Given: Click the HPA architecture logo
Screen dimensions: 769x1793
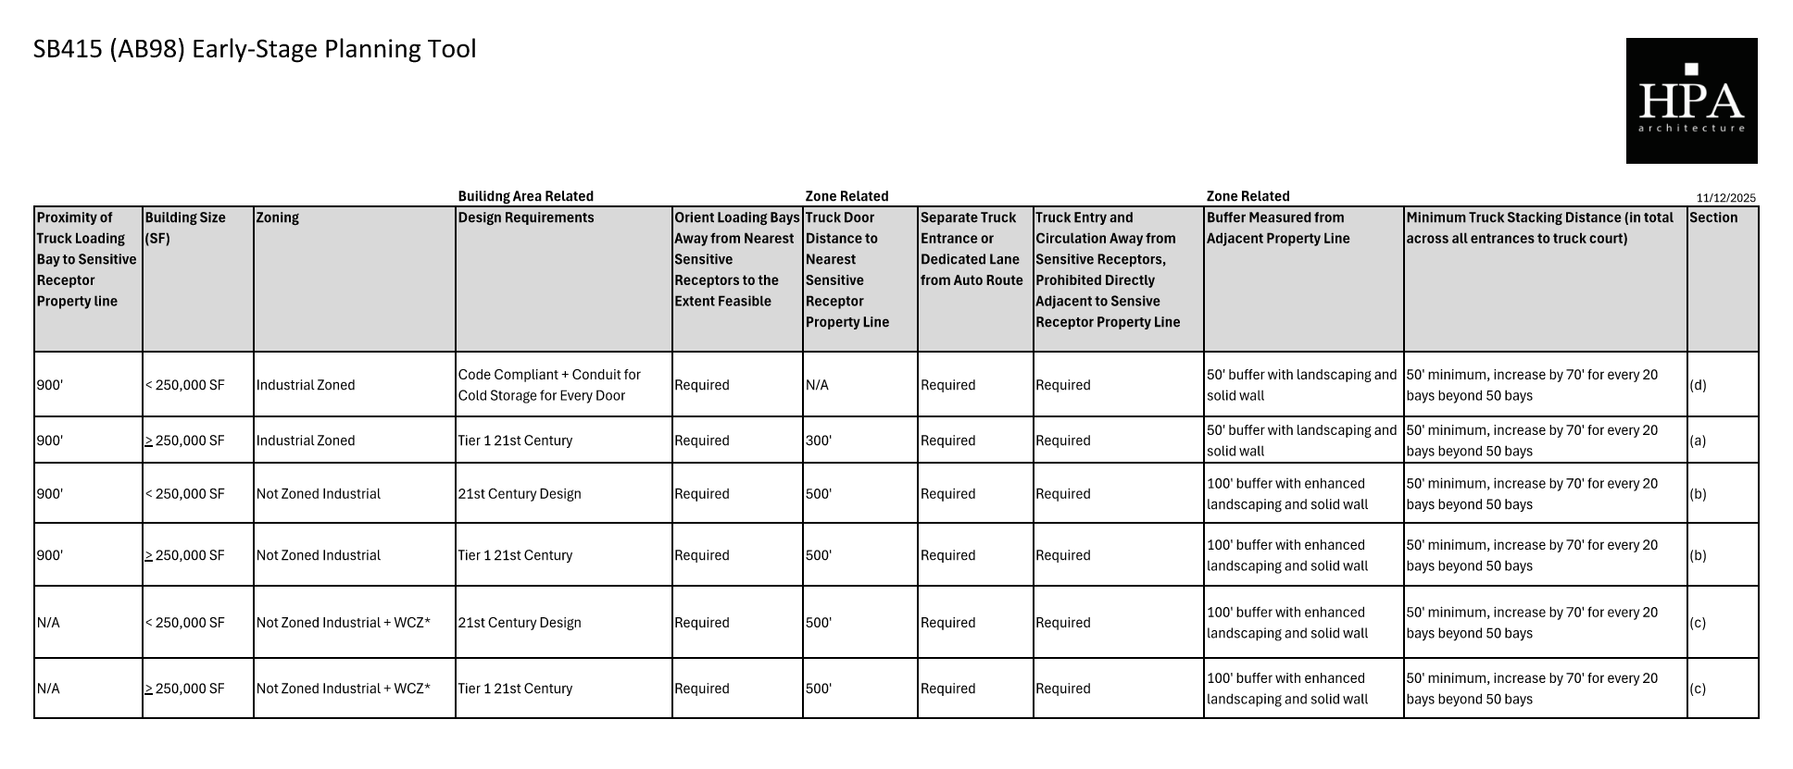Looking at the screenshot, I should click(1691, 101).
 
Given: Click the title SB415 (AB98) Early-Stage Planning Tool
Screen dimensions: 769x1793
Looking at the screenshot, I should click(255, 49).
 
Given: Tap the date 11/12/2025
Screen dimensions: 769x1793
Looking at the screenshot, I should click(1725, 198).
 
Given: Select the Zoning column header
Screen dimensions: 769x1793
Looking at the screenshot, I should click(278, 217).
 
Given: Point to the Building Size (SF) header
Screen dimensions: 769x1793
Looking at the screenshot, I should click(185, 228).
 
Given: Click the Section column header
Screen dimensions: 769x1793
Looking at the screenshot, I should click(1713, 217).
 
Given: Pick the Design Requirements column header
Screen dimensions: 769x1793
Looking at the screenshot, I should click(526, 217).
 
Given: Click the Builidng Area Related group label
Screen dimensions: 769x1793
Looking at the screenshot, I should click(525, 196).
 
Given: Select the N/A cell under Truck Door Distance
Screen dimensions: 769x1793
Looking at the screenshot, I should click(817, 385).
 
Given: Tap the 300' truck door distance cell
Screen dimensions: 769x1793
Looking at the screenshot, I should click(819, 440).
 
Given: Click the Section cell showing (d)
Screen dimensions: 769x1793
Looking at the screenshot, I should click(1698, 385).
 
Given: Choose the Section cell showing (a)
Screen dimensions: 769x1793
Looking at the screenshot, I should click(1698, 440).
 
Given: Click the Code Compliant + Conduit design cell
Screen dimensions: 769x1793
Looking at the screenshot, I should click(549, 385).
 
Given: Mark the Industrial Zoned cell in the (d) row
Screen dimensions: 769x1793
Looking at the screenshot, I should click(306, 385).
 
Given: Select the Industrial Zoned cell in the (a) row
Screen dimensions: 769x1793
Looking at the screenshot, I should click(306, 440).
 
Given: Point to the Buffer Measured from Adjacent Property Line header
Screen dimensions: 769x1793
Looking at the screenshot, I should click(1277, 228).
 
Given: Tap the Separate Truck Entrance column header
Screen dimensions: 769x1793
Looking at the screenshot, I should click(972, 249).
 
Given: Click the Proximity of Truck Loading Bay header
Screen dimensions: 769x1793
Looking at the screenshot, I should click(86, 259).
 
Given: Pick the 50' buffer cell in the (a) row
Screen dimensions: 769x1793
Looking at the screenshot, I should click(1301, 440).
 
